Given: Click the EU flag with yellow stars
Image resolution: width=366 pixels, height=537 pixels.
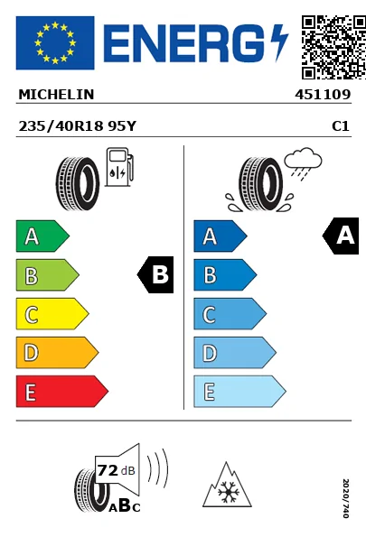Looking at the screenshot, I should tap(54, 42).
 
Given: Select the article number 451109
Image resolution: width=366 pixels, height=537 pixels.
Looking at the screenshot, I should tap(322, 94).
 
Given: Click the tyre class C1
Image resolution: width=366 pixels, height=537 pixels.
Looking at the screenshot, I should tap(340, 127).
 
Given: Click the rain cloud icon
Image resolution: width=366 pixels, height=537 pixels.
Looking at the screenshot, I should tap(303, 163).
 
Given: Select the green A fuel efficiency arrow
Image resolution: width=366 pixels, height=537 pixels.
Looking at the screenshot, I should tap(42, 237).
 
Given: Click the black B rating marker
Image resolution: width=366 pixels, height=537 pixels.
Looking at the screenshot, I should tap(156, 275).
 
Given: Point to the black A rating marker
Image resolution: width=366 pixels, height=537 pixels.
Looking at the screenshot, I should tap(341, 237).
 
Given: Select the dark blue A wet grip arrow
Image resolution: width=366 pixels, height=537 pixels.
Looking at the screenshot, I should tap(220, 237).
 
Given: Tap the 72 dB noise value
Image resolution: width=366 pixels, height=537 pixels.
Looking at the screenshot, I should tap(112, 470).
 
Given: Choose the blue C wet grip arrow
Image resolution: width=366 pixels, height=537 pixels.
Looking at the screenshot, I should tap(229, 314).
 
